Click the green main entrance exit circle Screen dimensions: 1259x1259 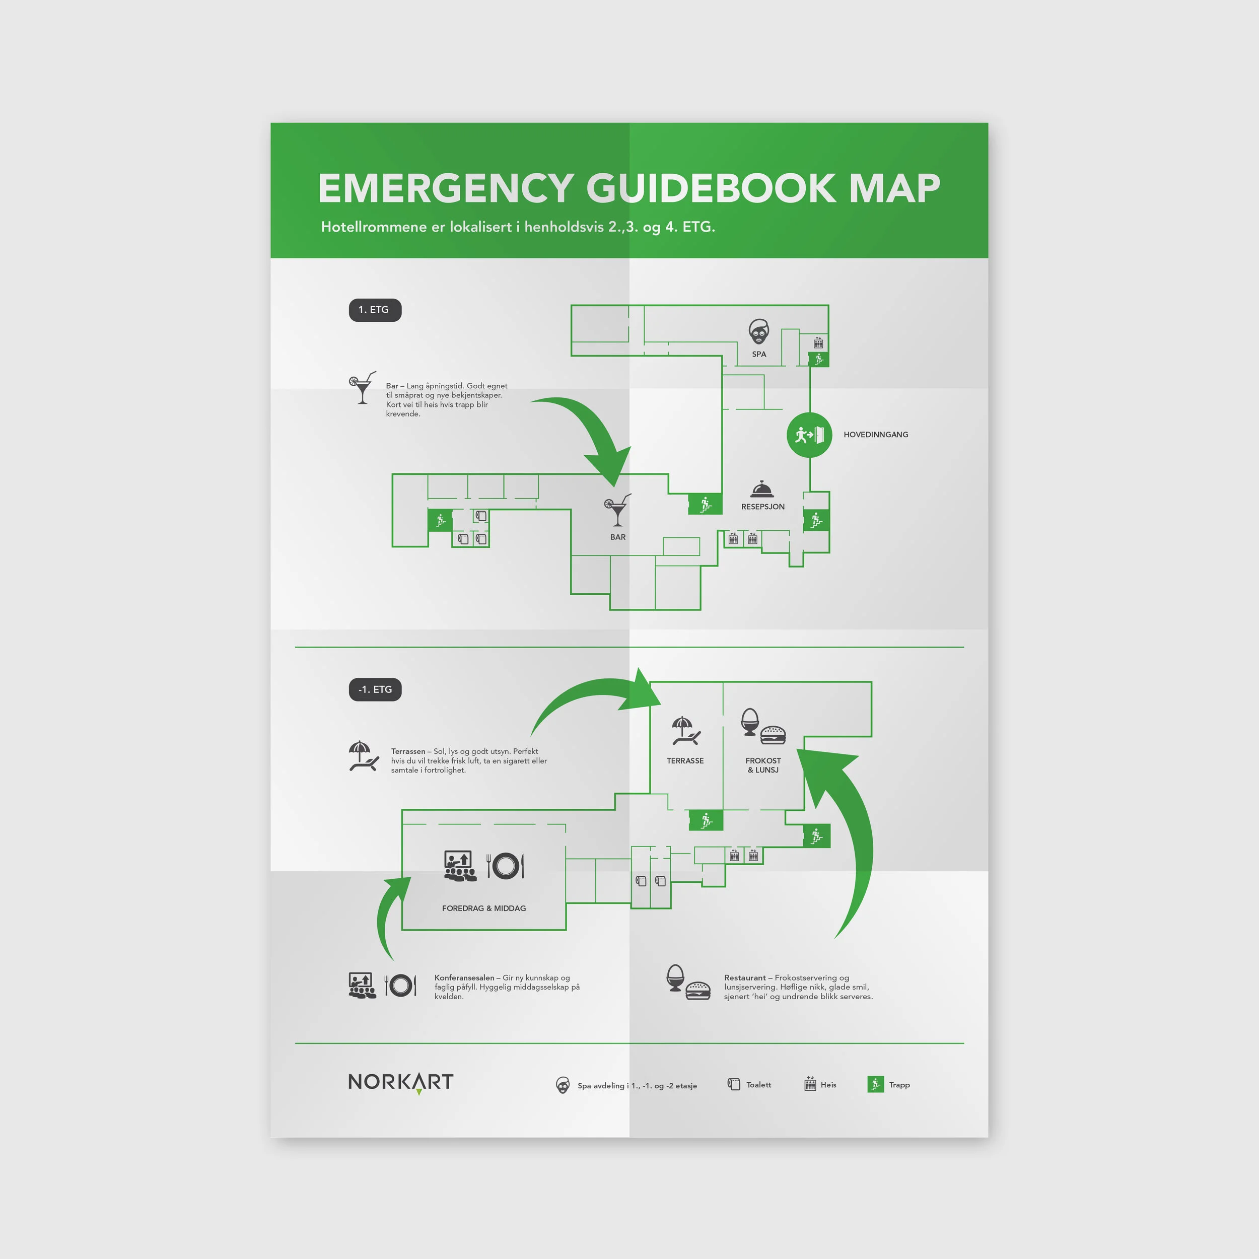pos(809,435)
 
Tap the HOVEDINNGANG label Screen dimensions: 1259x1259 pos(875,435)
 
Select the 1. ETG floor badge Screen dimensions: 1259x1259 pos(375,310)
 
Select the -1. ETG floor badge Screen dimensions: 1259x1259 pos(375,689)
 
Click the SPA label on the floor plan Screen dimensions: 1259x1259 pos(758,355)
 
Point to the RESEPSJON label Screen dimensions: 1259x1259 pos(762,506)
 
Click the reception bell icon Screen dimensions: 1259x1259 pos(762,488)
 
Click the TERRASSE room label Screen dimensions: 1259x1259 pos(685,760)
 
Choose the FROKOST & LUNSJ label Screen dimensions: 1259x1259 pos(763,765)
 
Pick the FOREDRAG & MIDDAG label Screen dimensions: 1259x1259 pos(483,908)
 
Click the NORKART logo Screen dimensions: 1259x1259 pos(401,1082)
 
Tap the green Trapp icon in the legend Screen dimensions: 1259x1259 pos(875,1084)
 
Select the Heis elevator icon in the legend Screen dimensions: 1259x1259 pos(810,1084)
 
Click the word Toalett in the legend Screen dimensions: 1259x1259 pos(758,1084)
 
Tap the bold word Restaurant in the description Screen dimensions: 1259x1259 pos(745,977)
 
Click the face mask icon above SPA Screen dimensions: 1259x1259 pos(758,332)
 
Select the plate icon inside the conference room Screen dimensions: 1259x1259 pos(505,865)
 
